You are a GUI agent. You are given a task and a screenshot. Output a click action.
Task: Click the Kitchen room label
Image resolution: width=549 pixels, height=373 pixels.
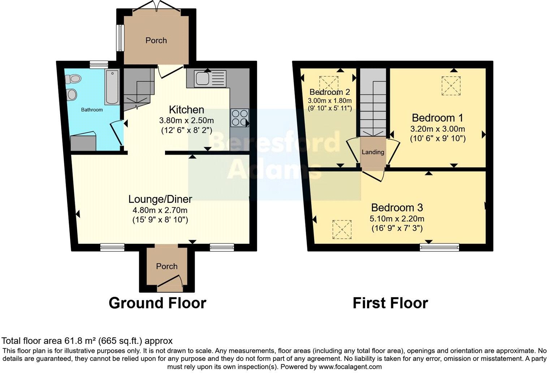(x=186, y=110)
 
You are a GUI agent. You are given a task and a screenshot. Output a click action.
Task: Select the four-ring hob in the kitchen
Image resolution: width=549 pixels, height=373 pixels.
(x=239, y=117)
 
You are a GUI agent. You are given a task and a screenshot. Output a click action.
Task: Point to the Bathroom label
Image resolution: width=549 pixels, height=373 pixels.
(x=92, y=110)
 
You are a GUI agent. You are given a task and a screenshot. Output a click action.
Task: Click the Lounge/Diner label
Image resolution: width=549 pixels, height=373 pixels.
(x=160, y=199)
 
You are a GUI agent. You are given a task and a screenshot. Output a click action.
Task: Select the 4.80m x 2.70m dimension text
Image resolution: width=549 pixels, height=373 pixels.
(x=160, y=210)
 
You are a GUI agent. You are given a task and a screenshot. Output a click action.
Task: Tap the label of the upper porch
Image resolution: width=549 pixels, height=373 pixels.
(x=156, y=40)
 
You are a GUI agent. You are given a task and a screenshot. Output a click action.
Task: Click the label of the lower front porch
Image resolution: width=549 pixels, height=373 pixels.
(x=167, y=266)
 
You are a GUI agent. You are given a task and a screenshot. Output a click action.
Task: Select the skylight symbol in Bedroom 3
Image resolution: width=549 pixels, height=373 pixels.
(x=342, y=229)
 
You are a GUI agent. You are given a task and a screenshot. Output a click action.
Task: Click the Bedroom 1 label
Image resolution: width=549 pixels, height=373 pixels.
(x=437, y=118)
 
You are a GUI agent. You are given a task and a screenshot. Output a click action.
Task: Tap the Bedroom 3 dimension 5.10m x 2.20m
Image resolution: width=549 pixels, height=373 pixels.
(x=397, y=219)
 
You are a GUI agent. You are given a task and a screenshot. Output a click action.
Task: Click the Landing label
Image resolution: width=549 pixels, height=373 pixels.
(x=373, y=152)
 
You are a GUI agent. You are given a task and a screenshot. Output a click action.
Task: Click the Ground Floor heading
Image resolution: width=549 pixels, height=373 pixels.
(x=157, y=303)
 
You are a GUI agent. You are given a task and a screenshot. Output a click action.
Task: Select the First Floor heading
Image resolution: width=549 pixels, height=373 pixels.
(x=390, y=303)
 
